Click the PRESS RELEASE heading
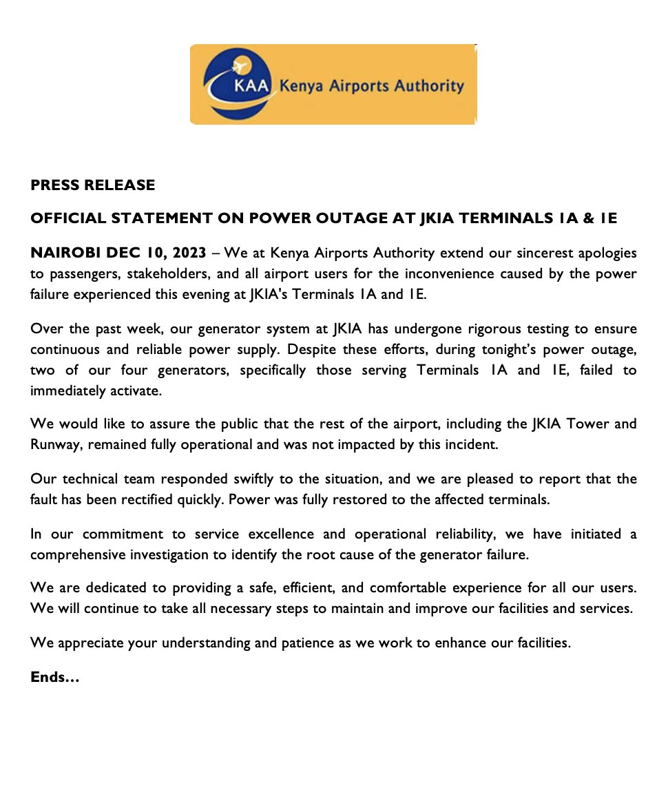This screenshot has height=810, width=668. pyautogui.click(x=92, y=185)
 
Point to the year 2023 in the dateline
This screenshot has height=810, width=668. pyautogui.click(x=187, y=253)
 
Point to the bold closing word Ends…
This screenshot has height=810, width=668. pyautogui.click(x=55, y=677)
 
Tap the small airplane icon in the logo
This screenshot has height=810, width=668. pyautogui.click(x=240, y=67)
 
